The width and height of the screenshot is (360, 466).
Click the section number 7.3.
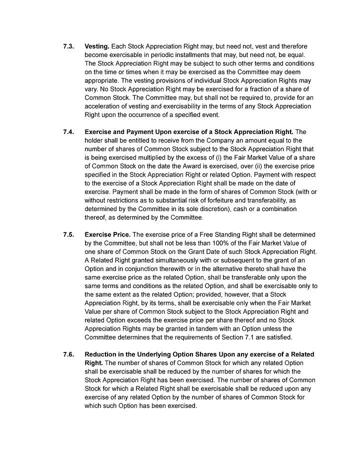(68, 46)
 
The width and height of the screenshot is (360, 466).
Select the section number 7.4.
(68, 132)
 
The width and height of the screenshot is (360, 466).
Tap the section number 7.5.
(68, 234)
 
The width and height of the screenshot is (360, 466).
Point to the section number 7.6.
(68, 354)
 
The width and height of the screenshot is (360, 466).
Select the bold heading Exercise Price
(107, 234)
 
